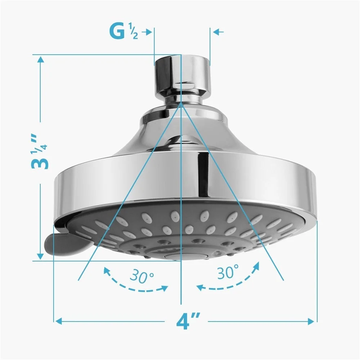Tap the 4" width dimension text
[x=188, y=320]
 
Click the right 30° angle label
[x=228, y=273]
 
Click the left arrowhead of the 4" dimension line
[x=58, y=320]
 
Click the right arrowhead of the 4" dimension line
[x=312, y=320]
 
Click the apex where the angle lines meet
[x=181, y=102]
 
